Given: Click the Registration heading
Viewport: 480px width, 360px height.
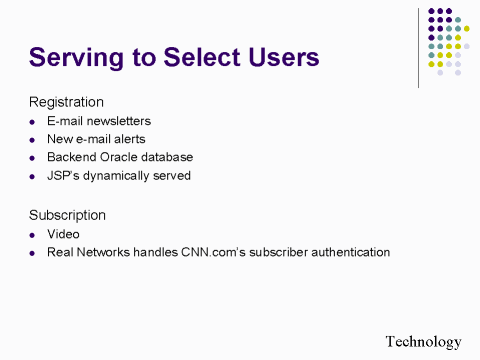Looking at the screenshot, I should coord(66,101).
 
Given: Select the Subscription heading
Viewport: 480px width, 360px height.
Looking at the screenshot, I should coord(67,214).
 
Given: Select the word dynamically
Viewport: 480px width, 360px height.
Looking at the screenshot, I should coord(123,175).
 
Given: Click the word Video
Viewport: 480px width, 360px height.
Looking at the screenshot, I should coord(63,234).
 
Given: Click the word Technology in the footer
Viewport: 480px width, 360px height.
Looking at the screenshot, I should coord(424,341).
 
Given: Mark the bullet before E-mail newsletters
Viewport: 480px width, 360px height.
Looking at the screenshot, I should coord(34,122).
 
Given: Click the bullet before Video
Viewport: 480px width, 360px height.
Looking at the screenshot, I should coord(34,234).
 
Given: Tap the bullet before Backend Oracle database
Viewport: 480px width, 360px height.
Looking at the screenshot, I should coord(34,158).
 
